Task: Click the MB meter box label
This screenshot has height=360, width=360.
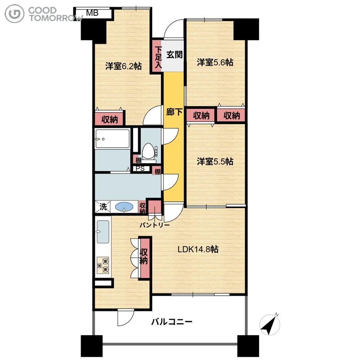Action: (x=92, y=13)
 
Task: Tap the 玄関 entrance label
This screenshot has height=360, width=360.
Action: (x=175, y=54)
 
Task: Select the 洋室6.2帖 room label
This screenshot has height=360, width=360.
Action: (x=123, y=66)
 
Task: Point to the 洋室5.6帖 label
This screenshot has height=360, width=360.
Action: (x=215, y=62)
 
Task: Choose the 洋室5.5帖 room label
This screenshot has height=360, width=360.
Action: (x=215, y=162)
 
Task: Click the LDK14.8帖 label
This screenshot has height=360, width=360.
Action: (x=198, y=249)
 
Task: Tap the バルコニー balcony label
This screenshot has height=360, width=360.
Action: (x=172, y=322)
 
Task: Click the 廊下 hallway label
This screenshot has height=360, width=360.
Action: (x=174, y=112)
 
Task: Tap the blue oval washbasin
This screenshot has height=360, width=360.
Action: (x=124, y=207)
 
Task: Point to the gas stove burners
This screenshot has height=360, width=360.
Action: (x=103, y=265)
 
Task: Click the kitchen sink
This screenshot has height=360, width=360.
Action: (x=103, y=232)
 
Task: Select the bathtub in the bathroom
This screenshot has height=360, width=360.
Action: (x=112, y=139)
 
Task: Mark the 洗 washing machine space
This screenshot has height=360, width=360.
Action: (x=103, y=207)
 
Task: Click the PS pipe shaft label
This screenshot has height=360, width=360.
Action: (x=140, y=169)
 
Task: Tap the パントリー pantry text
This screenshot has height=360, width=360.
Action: (x=155, y=225)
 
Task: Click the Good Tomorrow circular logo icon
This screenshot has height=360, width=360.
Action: (x=14, y=13)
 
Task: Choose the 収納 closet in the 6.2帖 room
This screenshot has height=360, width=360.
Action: (x=109, y=119)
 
